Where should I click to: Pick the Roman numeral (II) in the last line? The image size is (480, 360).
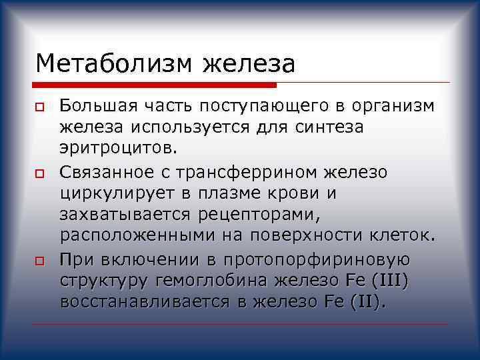pos(366,301)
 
